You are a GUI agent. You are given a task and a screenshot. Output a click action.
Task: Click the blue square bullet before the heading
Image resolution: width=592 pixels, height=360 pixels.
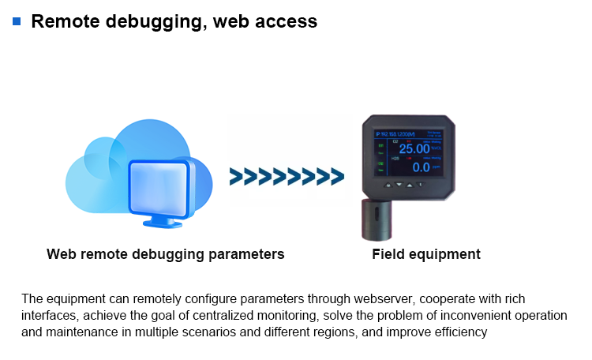[17, 21]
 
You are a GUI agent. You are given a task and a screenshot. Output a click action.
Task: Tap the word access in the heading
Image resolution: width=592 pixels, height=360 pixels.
[287, 21]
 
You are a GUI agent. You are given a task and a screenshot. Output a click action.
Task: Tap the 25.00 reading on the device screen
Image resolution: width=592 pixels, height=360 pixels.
[414, 148]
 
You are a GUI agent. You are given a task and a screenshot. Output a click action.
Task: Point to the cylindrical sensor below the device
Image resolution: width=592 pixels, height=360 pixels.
[377, 219]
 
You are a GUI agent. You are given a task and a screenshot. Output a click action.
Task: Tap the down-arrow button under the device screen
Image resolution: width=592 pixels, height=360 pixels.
[399, 186]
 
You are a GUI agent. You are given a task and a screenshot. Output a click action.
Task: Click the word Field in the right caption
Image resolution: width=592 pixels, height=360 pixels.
[388, 254]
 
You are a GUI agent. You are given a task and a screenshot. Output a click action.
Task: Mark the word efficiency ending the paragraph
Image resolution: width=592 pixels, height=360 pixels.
[462, 332]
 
